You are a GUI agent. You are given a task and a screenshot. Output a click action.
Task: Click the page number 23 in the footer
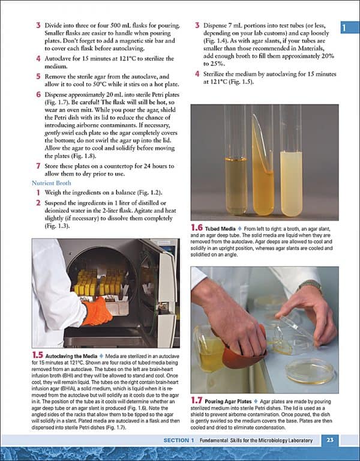click(329, 441)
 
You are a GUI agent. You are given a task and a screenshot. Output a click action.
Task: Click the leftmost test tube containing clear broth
click(235, 174)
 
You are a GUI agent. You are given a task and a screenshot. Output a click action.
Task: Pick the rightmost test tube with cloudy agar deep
click(291, 174)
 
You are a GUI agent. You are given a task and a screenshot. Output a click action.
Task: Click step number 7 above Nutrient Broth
click(38, 165)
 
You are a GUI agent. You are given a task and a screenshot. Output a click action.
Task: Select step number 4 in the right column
click(197, 74)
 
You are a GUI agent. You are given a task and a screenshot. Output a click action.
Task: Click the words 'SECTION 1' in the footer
click(179, 441)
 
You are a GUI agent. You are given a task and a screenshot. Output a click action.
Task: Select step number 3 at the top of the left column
click(38, 26)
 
